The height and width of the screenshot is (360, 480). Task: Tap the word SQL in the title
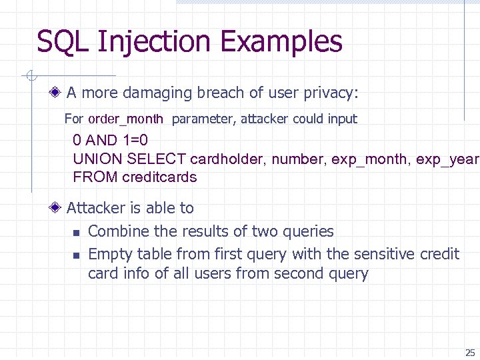(x=63, y=41)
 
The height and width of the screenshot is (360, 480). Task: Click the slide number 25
(x=470, y=353)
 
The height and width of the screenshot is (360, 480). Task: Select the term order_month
(x=125, y=119)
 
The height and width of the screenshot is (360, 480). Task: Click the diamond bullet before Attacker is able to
(x=58, y=208)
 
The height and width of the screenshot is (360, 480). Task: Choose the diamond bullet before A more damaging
(x=58, y=93)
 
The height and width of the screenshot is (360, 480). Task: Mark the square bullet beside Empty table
(x=76, y=255)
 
